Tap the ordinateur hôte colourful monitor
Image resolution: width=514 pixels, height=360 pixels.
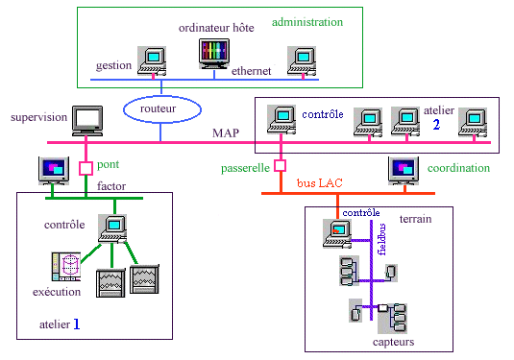(214, 54)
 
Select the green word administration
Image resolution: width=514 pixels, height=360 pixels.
(307, 22)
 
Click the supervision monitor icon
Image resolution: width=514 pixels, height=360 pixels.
(87, 121)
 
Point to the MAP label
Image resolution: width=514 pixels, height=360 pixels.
(226, 133)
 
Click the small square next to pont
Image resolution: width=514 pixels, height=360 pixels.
(86, 168)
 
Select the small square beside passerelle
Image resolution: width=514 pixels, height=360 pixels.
(280, 166)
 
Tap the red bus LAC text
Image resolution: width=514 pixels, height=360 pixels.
(320, 182)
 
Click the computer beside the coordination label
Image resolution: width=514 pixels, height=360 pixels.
(404, 171)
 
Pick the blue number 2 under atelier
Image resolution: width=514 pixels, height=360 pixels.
(436, 125)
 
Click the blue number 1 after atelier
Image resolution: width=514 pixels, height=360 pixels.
(76, 324)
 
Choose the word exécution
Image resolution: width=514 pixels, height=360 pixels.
(57, 292)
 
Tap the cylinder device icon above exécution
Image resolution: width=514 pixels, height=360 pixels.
(66, 266)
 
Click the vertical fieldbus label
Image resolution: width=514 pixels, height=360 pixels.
(381, 239)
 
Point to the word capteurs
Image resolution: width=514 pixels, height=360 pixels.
(393, 342)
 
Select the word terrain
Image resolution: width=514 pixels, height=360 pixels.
(415, 219)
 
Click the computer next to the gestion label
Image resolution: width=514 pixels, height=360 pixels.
(152, 61)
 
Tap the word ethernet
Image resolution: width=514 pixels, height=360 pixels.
(251, 71)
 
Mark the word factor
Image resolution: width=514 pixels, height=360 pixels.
(111, 186)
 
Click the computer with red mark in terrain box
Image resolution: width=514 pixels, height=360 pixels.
(337, 233)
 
